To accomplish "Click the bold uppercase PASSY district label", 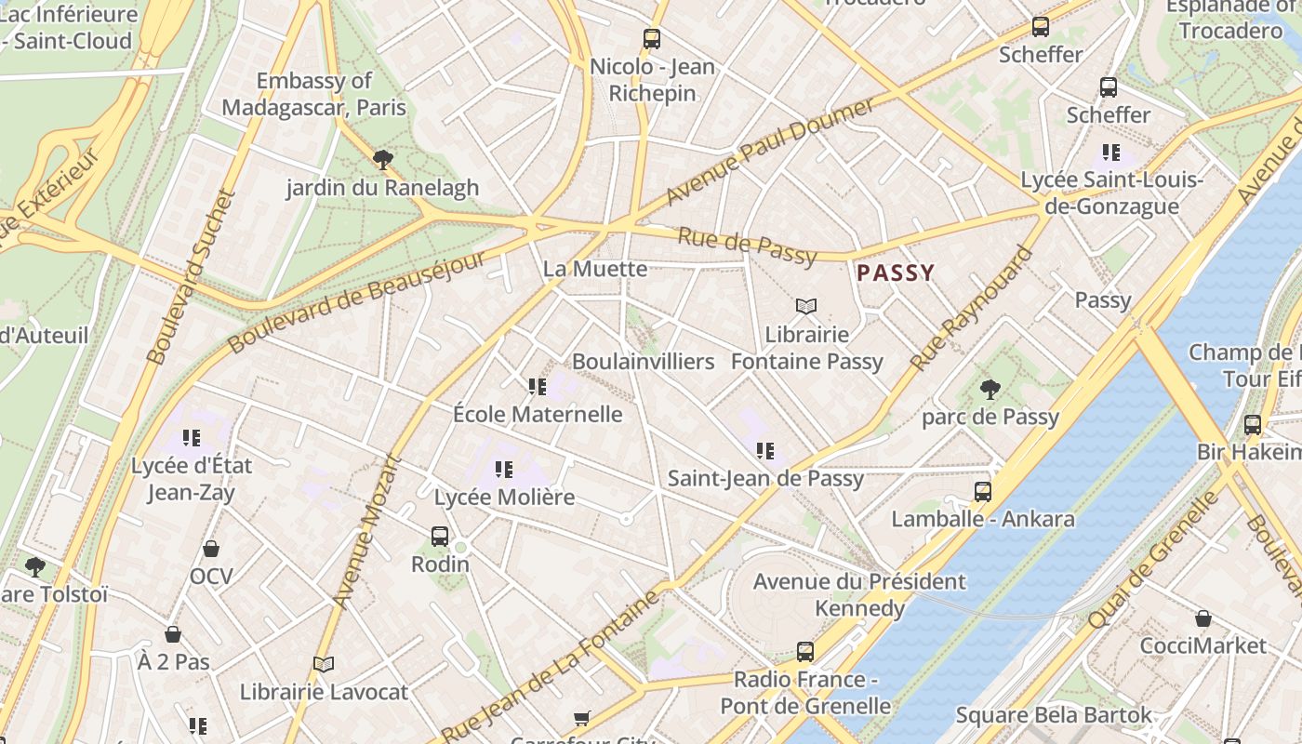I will click(896, 273).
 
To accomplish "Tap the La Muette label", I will click(595, 269).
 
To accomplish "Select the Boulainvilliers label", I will click(644, 361).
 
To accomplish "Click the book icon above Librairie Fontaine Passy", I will click(806, 306).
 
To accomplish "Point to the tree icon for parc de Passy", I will click(990, 389).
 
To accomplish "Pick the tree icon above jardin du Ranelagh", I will click(382, 160).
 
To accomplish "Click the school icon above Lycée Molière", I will click(504, 469).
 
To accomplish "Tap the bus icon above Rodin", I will click(440, 536).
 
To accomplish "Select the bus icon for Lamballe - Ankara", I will click(983, 491).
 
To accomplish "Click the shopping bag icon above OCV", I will click(211, 549).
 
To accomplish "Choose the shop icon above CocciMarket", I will click(1202, 618).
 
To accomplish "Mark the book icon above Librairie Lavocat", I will click(324, 664).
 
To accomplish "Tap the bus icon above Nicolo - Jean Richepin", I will click(652, 39).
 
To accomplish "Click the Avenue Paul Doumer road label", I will click(770, 151).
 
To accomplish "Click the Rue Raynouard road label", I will click(972, 309).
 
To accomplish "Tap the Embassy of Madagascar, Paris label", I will click(314, 94).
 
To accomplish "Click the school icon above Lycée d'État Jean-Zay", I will click(192, 437).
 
